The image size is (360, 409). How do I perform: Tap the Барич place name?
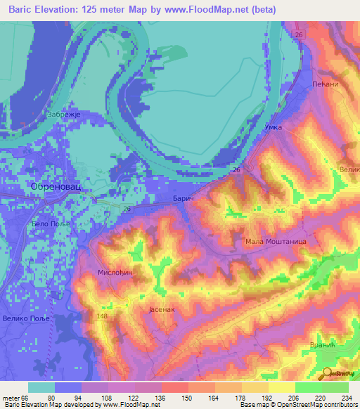coord(183,200)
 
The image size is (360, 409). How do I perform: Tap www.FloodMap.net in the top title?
coord(215,10)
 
